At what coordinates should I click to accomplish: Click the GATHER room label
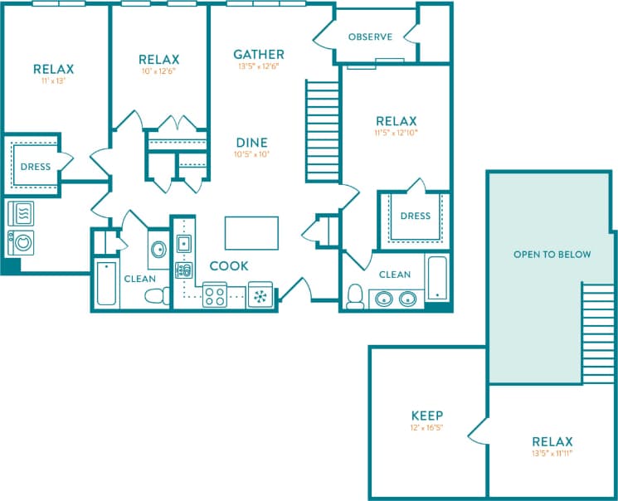tap(259, 55)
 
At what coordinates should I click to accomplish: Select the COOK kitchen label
tap(228, 266)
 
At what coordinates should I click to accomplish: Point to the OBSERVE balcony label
tap(370, 36)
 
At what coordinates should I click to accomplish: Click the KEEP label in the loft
tap(426, 416)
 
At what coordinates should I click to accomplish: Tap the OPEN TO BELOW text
tap(552, 254)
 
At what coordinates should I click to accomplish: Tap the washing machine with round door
tap(22, 243)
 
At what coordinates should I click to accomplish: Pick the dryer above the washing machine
tap(22, 214)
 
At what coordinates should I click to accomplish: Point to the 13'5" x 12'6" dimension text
tap(259, 66)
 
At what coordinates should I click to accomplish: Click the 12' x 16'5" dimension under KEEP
tap(426, 428)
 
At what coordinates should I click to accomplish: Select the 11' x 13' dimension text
tap(54, 81)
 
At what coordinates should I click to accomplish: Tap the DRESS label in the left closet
tap(35, 167)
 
